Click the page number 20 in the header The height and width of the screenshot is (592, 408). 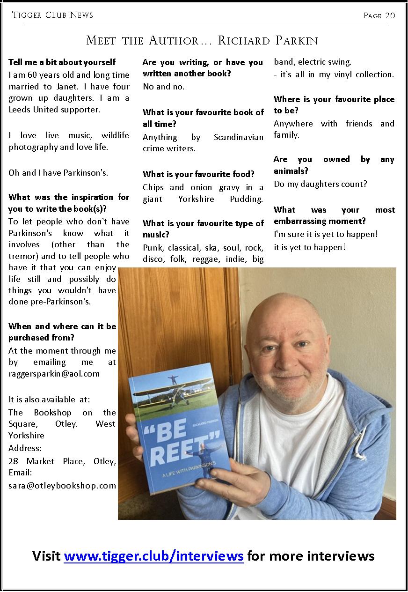coord(390,15)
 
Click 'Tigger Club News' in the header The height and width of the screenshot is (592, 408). coord(52,15)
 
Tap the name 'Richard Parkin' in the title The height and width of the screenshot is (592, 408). coord(268,41)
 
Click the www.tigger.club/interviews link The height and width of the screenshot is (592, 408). coord(153,556)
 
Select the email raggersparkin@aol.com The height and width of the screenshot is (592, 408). coord(54,373)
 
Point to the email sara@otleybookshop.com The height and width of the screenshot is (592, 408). coord(62,485)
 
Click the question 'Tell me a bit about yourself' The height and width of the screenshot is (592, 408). coord(62,62)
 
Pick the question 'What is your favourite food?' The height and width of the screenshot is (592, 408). coord(198,174)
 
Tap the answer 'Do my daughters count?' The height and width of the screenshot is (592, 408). coord(321,184)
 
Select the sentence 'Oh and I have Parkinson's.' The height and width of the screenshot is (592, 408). coord(58,173)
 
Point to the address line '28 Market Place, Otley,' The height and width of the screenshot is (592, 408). coord(62,461)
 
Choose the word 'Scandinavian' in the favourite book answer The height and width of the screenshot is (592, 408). coord(238,137)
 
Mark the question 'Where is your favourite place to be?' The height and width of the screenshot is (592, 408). coord(334,105)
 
